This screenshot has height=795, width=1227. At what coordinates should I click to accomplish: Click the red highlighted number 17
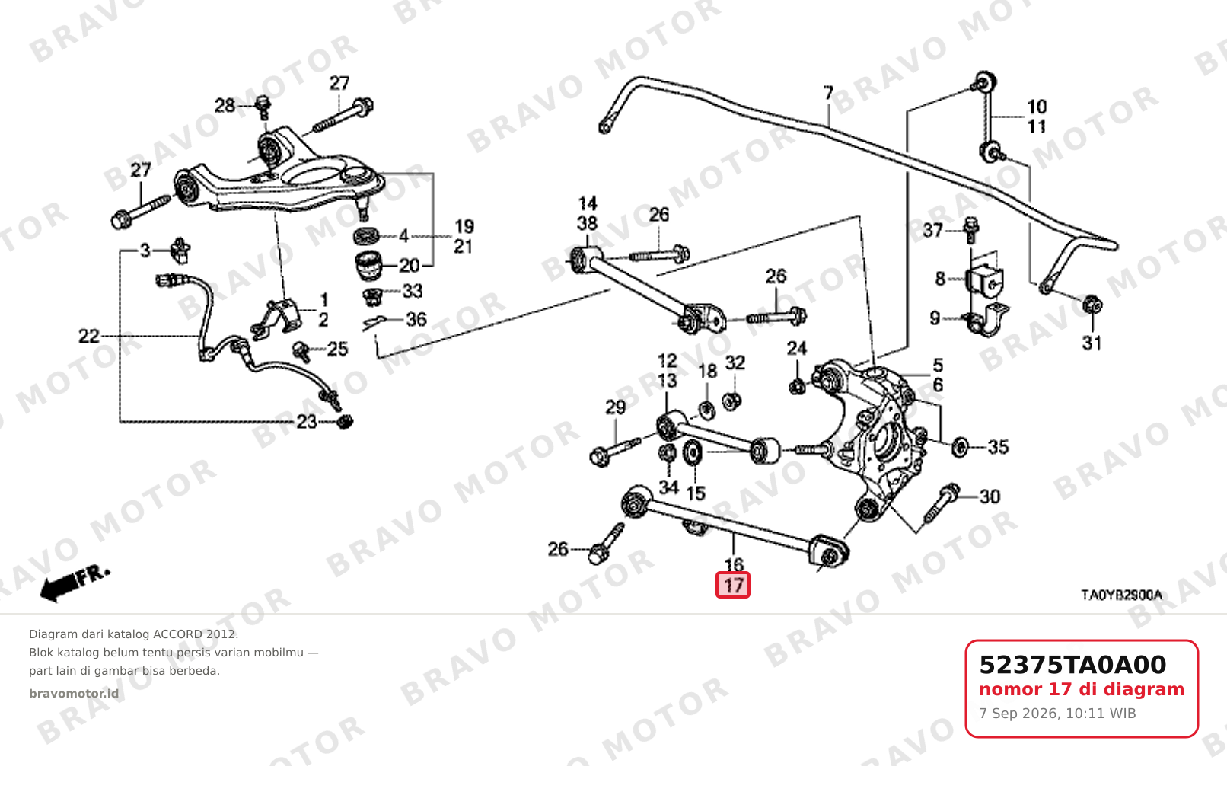(732, 585)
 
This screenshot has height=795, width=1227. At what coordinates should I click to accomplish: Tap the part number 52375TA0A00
(1072, 665)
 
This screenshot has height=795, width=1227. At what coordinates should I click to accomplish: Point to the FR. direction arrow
(75, 584)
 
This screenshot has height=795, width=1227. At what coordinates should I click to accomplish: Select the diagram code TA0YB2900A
(1121, 595)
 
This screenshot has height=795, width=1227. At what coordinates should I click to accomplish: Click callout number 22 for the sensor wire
(89, 336)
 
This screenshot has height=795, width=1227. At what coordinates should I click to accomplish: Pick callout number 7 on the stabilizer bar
(828, 93)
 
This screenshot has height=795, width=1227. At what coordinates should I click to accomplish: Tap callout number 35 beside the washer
(998, 447)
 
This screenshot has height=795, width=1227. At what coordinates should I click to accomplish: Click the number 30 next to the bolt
(990, 496)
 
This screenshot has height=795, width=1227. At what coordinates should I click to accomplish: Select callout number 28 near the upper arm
(225, 105)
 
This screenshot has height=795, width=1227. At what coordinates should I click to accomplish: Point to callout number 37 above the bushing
(933, 230)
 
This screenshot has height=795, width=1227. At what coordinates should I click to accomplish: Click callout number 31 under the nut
(1092, 343)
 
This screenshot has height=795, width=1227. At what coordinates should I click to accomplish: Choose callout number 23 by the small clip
(307, 421)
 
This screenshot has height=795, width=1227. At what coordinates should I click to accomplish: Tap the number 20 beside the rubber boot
(410, 266)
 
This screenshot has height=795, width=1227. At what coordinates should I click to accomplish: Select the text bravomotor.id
(74, 694)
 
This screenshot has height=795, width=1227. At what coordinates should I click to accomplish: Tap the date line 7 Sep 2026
(1057, 714)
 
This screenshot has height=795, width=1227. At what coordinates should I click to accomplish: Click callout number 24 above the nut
(796, 348)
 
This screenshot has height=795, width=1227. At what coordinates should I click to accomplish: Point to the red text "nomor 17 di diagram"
(1082, 689)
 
